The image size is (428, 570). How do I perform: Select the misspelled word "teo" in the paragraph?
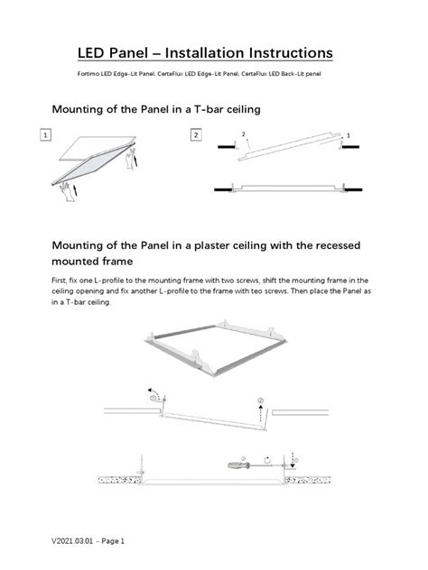point(292,292)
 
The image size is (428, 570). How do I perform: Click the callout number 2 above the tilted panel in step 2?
point(244,133)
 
